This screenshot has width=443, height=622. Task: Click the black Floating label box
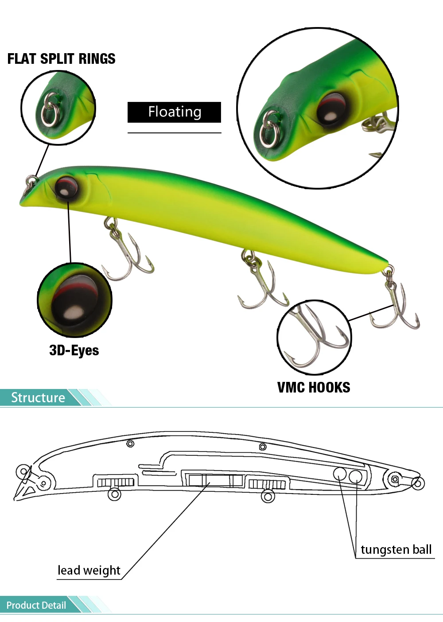pos(174,112)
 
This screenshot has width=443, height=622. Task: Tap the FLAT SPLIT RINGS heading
pos(62,59)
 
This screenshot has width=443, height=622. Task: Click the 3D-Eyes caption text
pos(74,350)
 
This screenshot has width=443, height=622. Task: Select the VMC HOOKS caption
pos(314,388)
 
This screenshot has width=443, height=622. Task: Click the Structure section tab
pos(38,397)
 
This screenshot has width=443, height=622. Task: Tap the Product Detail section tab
pos(36,605)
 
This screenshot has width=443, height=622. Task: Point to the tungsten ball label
pos(396,550)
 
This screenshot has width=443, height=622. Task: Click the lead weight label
pos(89,570)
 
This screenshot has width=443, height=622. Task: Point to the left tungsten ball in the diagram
pos(339,474)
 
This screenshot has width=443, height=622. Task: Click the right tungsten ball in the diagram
pos(355,477)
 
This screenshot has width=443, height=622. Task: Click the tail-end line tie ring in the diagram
pos(418,483)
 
